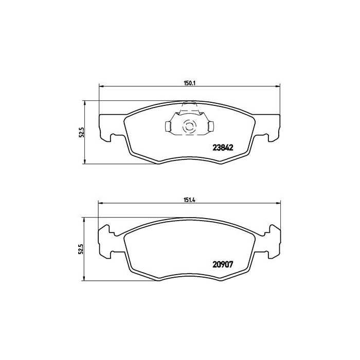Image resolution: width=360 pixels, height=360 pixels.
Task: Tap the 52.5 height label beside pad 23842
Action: click(x=81, y=133)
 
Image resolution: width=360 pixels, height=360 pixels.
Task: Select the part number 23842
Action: click(x=223, y=147)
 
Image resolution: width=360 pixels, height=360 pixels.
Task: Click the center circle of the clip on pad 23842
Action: click(x=188, y=126)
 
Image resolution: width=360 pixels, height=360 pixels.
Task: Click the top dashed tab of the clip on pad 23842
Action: click(x=189, y=106)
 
